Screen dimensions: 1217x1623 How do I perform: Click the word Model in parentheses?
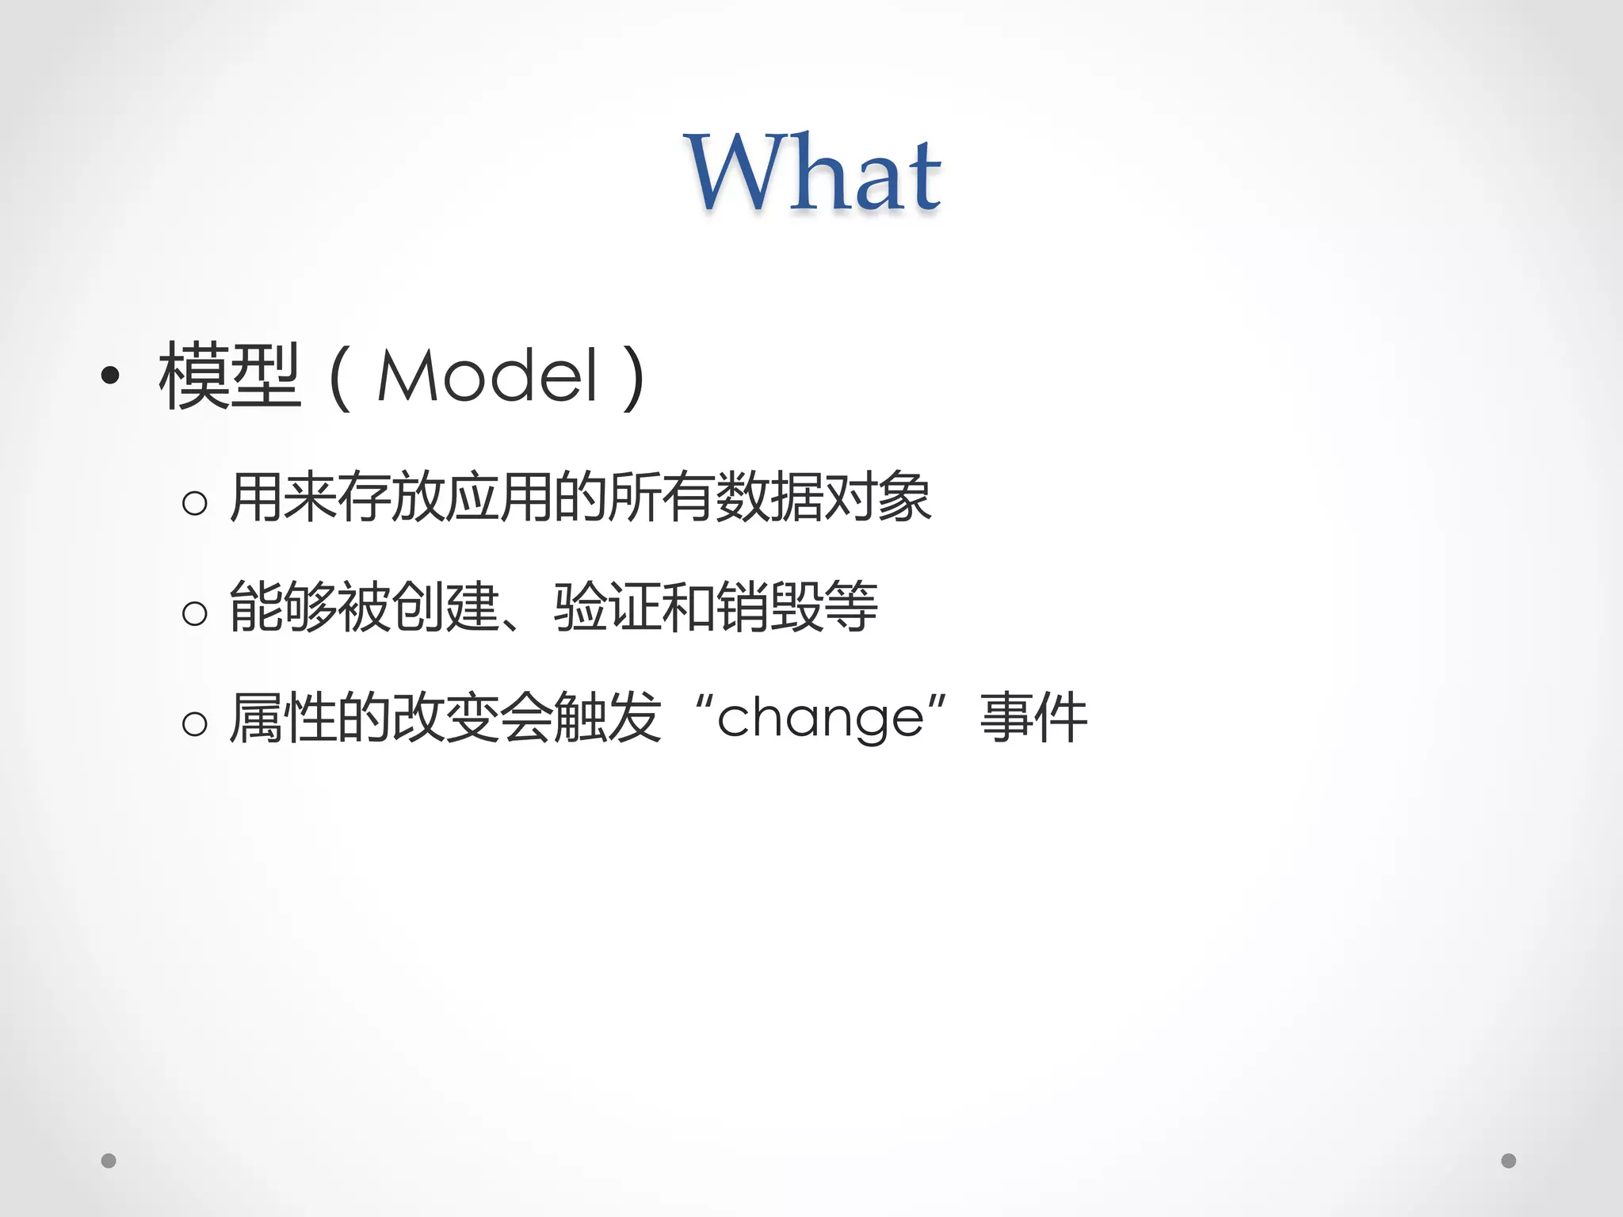coord(487,376)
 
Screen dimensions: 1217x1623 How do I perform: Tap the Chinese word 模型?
coord(230,376)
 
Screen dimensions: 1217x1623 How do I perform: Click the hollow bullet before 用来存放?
coord(195,502)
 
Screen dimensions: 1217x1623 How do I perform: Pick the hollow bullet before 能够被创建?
coord(195,612)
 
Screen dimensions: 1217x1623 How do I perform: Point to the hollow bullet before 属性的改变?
coord(195,723)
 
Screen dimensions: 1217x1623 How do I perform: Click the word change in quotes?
coord(820,719)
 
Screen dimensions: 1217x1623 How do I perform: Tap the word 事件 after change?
coord(1033,717)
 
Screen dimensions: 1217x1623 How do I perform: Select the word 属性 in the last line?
coord(282,717)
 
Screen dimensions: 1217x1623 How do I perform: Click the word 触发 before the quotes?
coord(607,717)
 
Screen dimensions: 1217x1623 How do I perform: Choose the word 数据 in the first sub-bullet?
coord(769,497)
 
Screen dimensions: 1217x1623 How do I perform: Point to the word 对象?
coord(877,497)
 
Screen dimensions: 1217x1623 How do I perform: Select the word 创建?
coord(445,607)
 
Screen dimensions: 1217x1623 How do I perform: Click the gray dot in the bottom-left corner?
coord(109,1161)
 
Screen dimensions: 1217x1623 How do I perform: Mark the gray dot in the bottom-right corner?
coord(1509,1161)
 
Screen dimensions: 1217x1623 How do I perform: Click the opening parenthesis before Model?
coord(339,378)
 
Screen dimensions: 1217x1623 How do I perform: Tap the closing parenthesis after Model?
coord(633,378)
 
